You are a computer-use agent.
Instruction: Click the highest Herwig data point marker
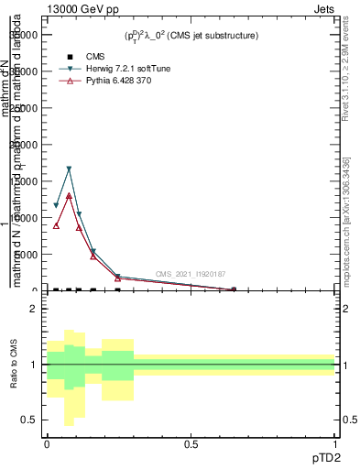click(69, 169)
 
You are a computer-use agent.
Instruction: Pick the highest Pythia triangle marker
click(69, 195)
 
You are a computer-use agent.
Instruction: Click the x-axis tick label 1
click(335, 444)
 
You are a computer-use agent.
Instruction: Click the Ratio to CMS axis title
click(15, 365)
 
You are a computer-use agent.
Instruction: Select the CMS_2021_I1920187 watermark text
click(190, 274)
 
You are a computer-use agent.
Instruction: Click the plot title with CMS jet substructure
click(191, 36)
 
